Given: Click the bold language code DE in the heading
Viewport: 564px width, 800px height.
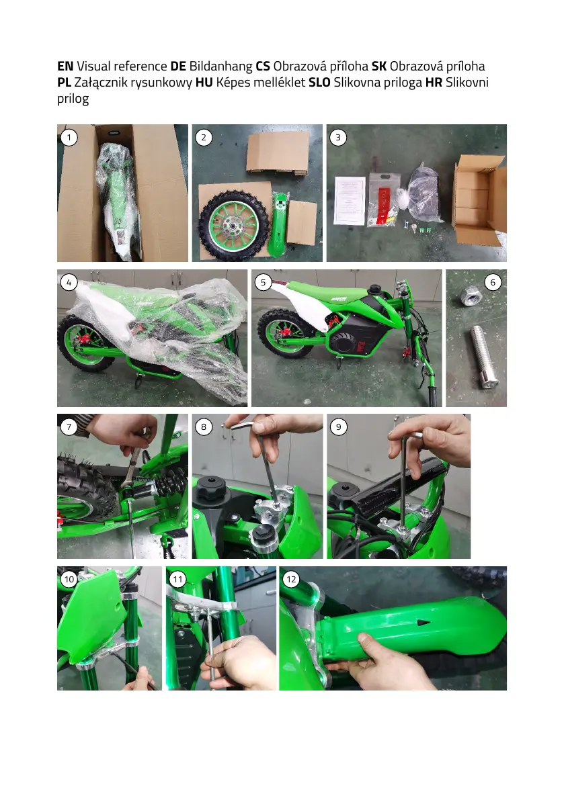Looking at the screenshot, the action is click(178, 66).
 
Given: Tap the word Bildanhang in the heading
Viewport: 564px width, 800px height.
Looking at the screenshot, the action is click(220, 67).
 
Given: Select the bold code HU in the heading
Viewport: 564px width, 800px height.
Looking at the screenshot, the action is click(204, 83).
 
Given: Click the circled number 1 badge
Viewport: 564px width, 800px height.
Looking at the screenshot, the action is click(69, 137).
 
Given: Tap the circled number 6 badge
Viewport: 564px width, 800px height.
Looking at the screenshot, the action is click(493, 282).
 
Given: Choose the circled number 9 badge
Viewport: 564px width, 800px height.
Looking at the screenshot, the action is click(338, 427).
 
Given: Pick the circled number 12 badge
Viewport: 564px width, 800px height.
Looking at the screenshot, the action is click(291, 579).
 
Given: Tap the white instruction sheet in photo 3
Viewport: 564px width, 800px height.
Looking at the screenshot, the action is click(350, 201).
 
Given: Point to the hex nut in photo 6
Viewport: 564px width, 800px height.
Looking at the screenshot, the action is click(468, 296).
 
